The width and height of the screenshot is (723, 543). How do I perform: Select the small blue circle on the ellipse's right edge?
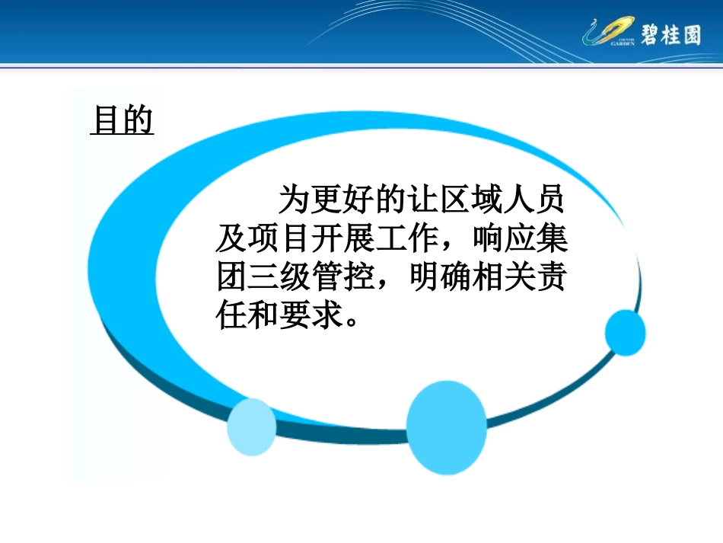[x=625, y=333]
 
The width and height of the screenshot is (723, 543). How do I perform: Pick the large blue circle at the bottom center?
[x=446, y=427]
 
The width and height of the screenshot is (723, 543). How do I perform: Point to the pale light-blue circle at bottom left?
[x=252, y=427]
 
